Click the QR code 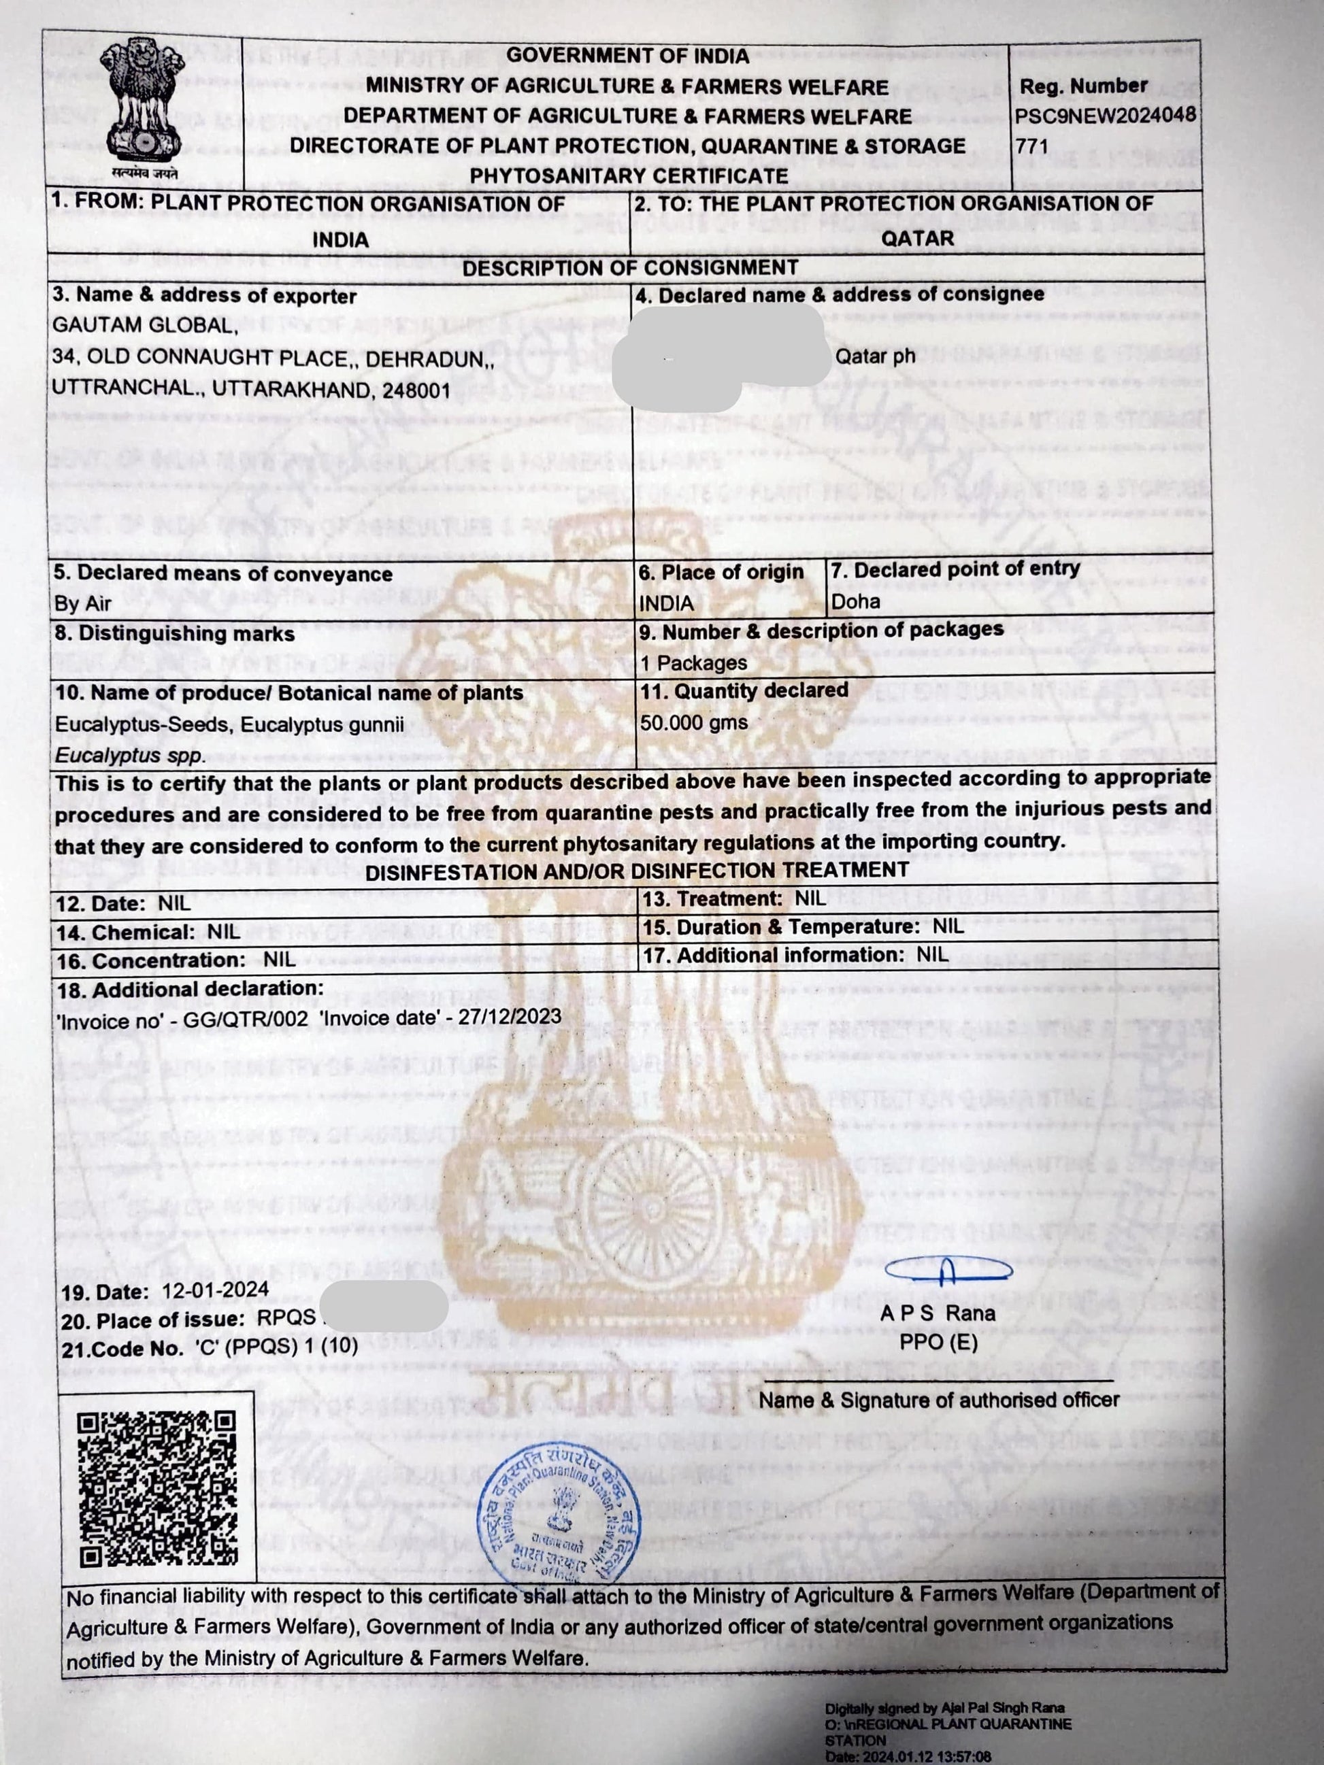tap(158, 1488)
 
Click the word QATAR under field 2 tap(917, 238)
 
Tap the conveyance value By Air tap(83, 603)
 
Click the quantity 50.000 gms tap(693, 722)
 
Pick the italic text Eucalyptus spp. tap(129, 755)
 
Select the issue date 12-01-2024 tap(216, 1290)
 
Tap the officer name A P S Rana tap(938, 1313)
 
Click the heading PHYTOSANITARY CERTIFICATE tap(629, 175)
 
